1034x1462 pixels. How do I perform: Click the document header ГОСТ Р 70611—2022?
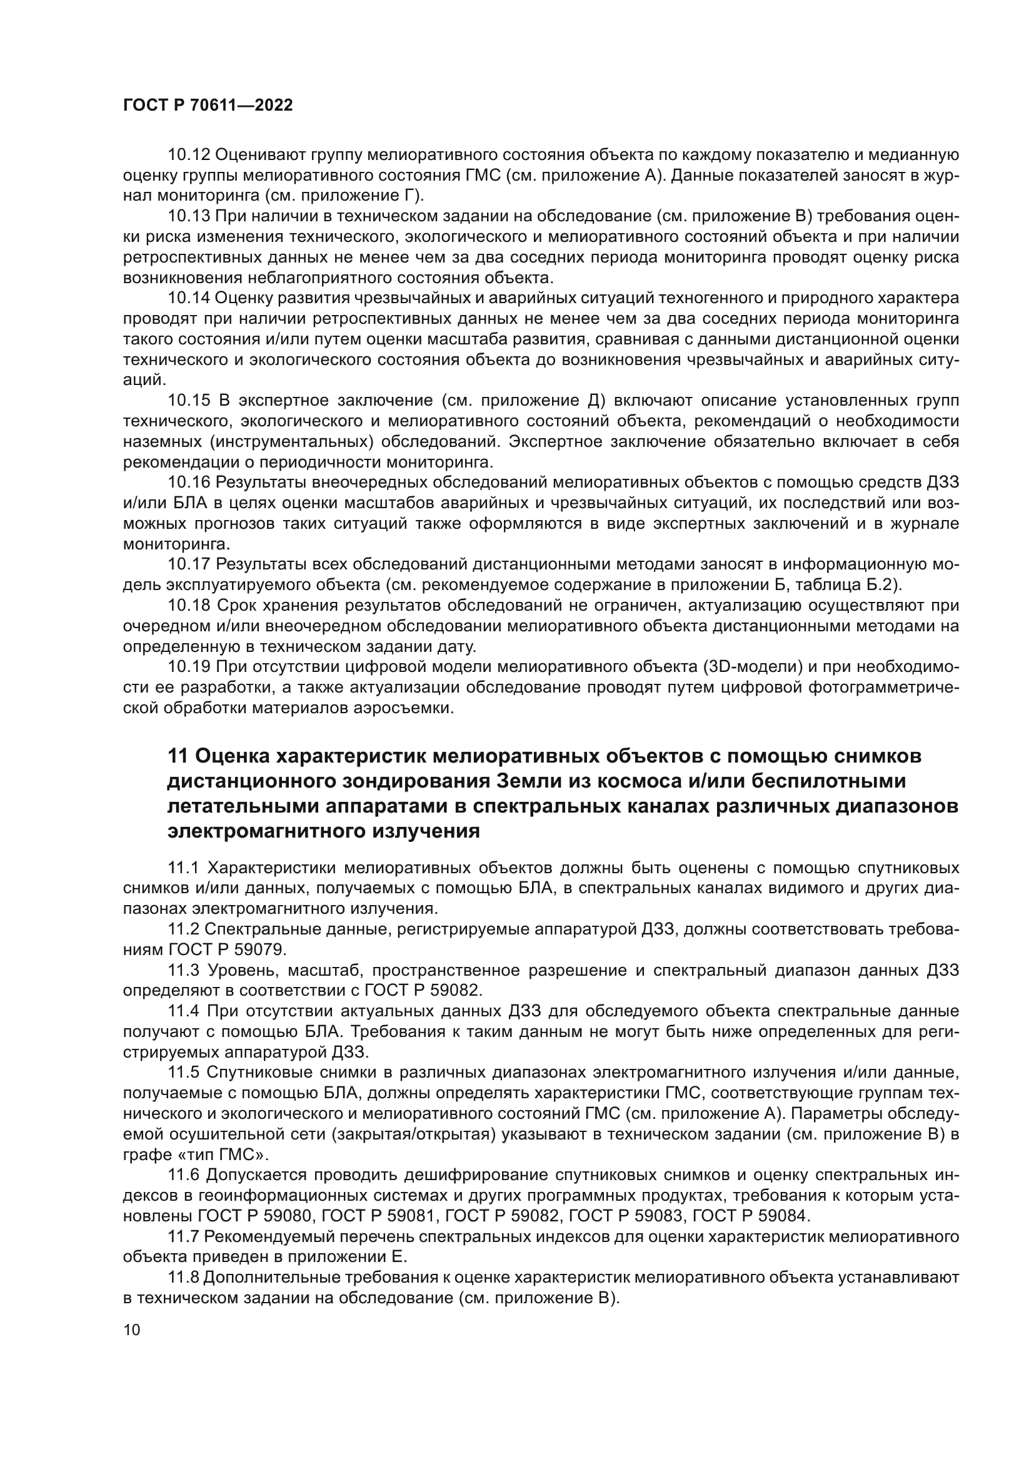point(208,106)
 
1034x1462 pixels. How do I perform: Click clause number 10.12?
point(188,155)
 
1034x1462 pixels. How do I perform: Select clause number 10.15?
point(188,400)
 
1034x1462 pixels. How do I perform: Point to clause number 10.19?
point(188,667)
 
